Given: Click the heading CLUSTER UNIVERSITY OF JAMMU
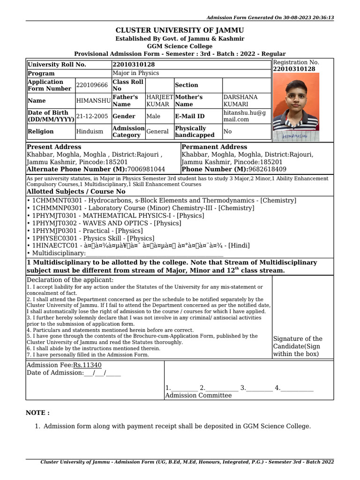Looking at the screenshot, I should coord(180,30).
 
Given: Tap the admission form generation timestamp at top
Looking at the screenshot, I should coord(270,17).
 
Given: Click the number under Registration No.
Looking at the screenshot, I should coord(294,69).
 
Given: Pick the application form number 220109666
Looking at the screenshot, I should coord(92,85).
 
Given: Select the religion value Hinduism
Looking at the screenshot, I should coord(90,132).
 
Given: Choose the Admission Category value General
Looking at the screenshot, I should coord(157,132).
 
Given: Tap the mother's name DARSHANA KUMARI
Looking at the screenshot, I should coord(240,100).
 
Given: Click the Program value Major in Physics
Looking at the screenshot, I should coord(136,74).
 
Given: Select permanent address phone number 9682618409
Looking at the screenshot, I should coord(263,169).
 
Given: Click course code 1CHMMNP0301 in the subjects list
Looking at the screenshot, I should coord(53,208).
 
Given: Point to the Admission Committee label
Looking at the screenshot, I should coord(198,396).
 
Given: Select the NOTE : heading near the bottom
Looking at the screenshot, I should coord(37,413).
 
